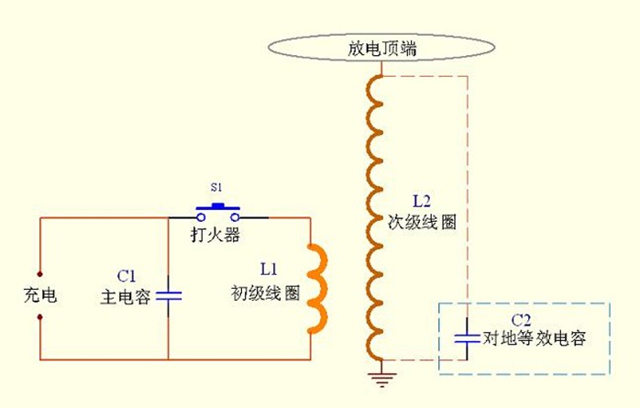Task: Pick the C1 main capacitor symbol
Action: coord(170,295)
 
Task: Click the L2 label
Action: coord(422,200)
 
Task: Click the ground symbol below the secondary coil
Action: coord(376,374)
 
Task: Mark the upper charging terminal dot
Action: coord(40,272)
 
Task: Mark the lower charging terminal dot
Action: coord(40,316)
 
